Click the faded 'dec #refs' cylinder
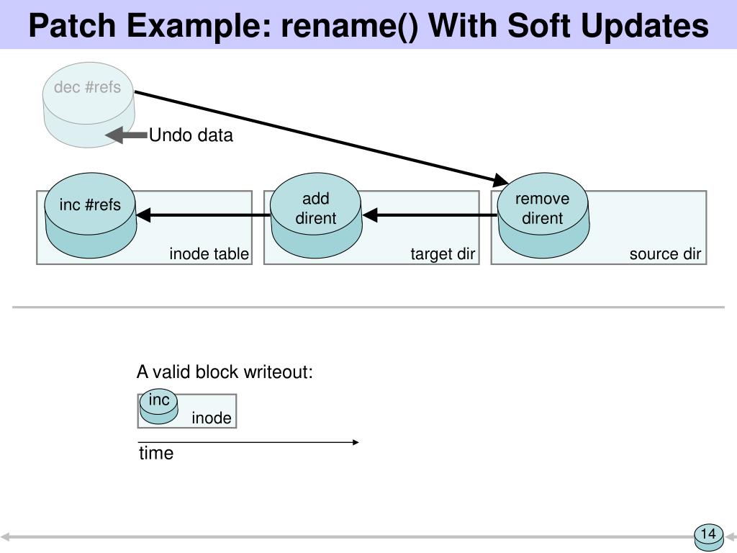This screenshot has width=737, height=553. [89, 105]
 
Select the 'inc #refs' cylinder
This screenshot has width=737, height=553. [90, 215]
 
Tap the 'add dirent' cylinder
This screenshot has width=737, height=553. [316, 215]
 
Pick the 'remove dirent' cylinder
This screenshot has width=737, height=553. [543, 215]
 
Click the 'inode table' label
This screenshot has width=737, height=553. [209, 254]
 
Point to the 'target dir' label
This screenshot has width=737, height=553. [443, 254]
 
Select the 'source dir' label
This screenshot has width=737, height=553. [665, 254]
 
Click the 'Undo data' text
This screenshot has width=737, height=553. [191, 135]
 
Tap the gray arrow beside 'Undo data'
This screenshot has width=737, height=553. [126, 135]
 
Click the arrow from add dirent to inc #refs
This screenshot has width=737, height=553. [203, 215]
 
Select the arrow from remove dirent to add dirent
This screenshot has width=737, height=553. [430, 215]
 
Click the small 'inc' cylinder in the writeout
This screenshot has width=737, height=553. [159, 407]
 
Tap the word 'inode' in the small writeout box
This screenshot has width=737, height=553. [212, 418]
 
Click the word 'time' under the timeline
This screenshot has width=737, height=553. [156, 454]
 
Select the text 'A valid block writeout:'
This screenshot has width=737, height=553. [225, 372]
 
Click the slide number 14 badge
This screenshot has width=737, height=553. [709, 537]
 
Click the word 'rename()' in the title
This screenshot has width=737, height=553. [349, 26]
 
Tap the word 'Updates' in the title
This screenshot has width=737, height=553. [645, 26]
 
